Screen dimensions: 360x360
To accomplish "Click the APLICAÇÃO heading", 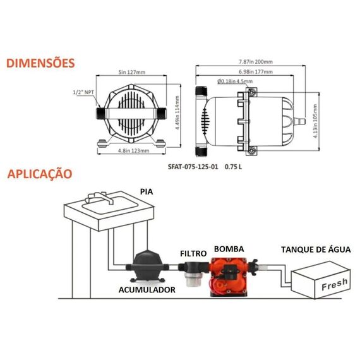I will pyautogui.click(x=40, y=173).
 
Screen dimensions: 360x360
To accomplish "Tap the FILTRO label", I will pyautogui.click(x=193, y=253).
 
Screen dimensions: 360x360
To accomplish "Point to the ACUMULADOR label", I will pyautogui.click(x=147, y=289).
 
